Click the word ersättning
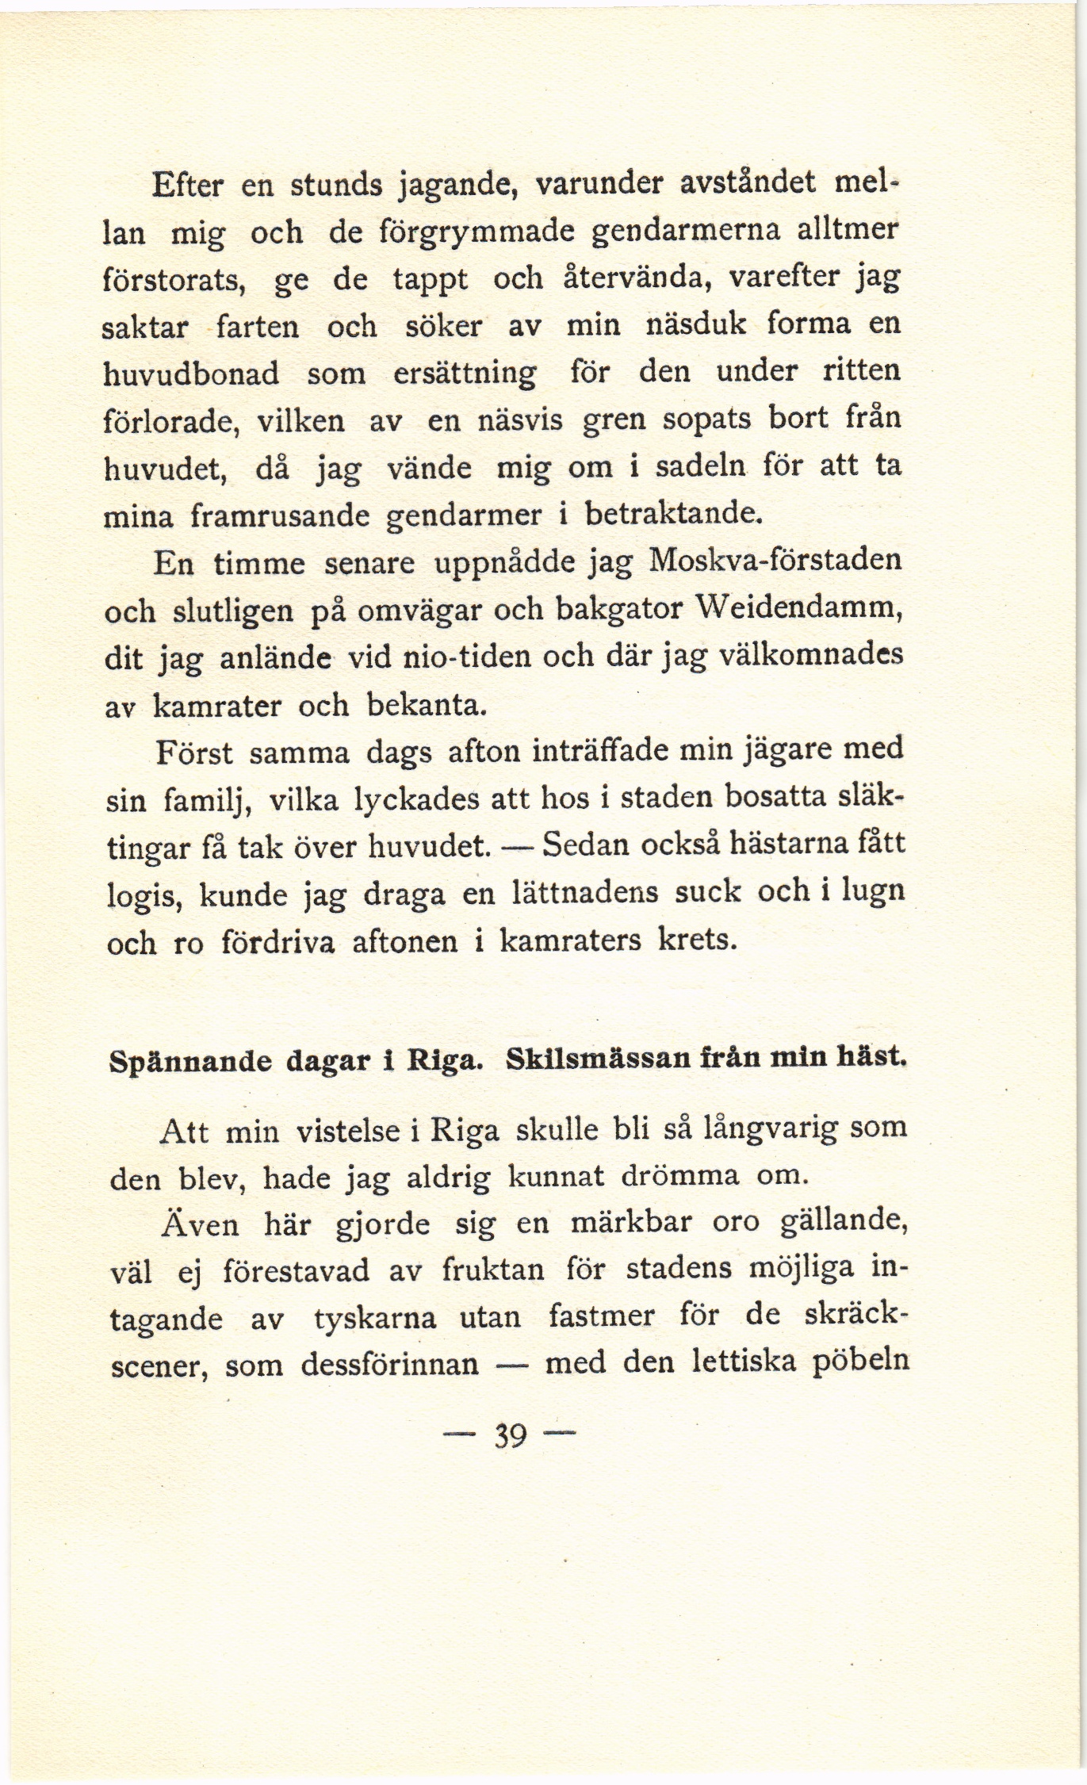[x=465, y=373]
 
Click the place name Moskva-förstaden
[x=775, y=561]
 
